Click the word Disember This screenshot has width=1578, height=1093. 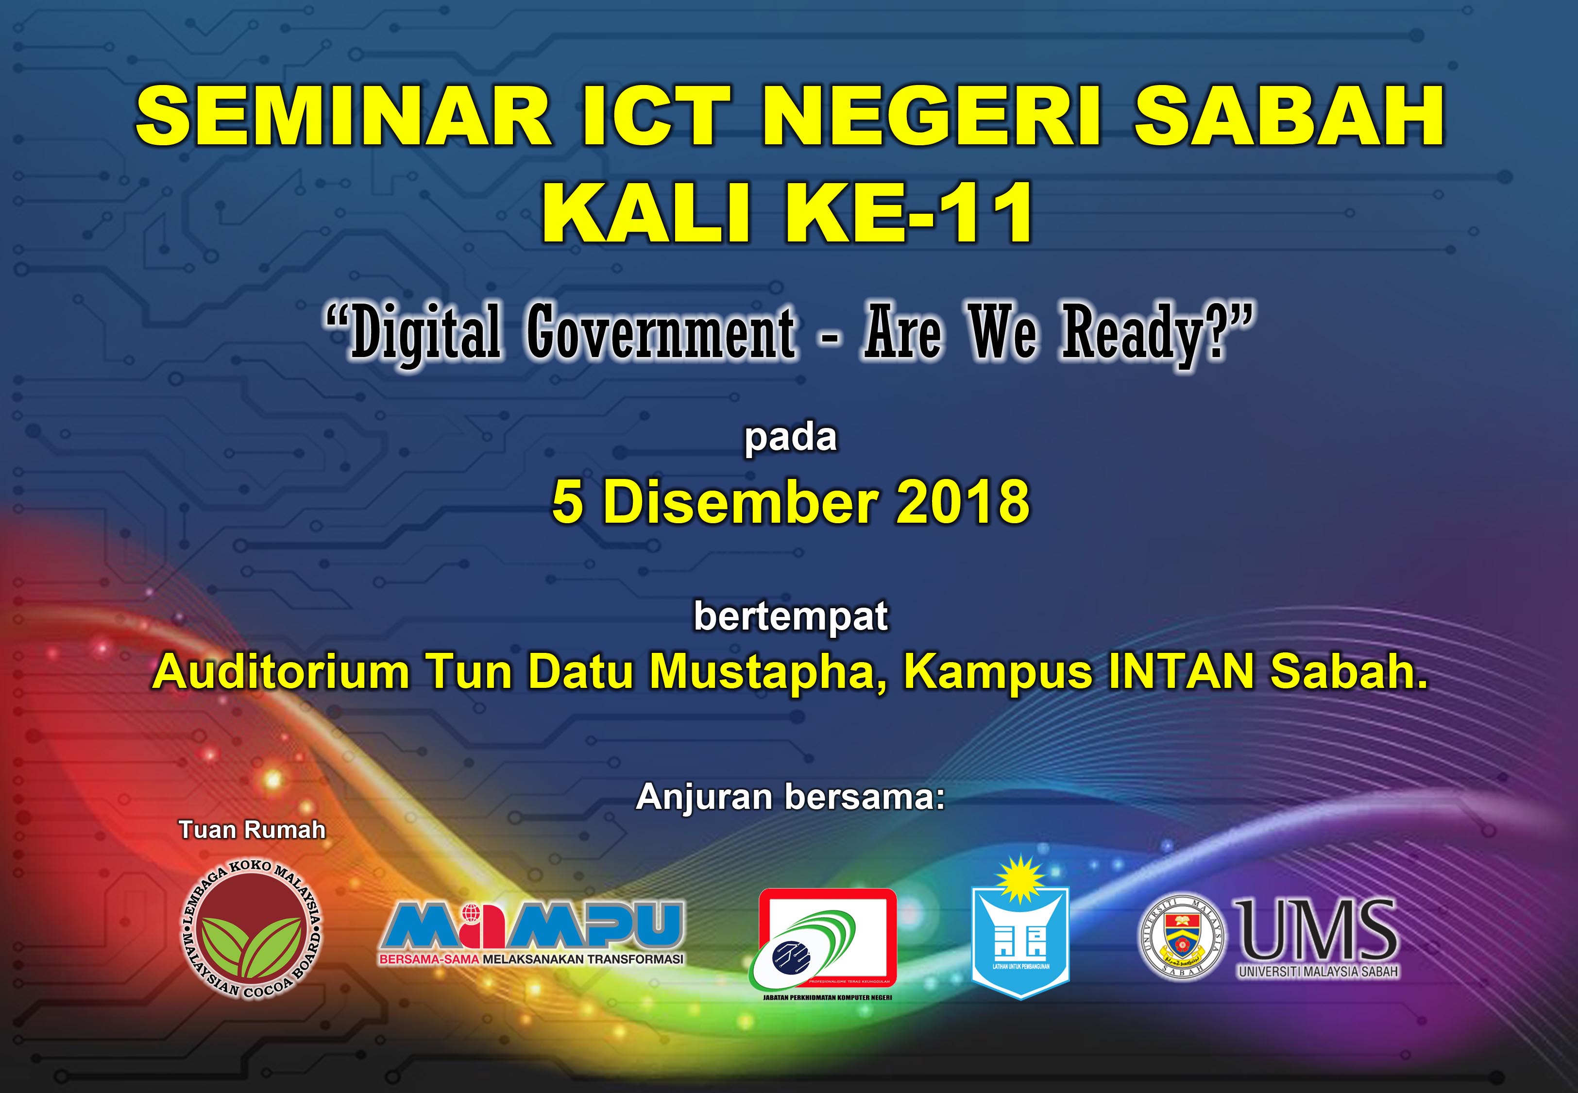pos(739,501)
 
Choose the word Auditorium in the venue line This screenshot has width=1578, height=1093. pos(281,672)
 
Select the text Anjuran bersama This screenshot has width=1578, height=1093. pos(791,797)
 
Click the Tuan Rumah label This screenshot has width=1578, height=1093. pos(252,830)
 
